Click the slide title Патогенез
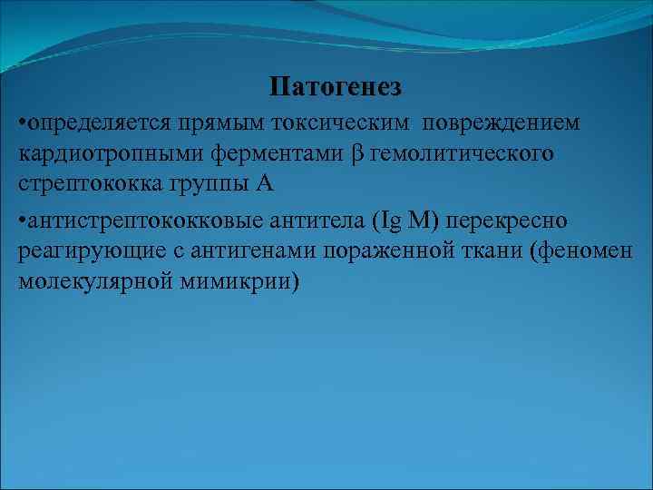pos(336,88)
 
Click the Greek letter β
pos(356,154)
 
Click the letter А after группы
pos(264,184)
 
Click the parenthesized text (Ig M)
pos(408,220)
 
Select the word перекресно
pos(517,220)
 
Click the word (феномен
pos(589,251)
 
